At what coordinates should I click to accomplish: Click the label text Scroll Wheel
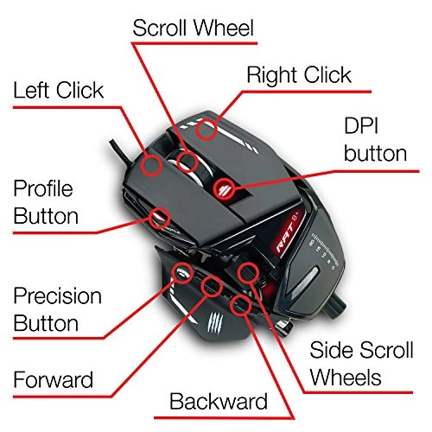click(193, 29)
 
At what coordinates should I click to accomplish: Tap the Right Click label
click(300, 74)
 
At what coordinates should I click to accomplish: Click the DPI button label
click(375, 139)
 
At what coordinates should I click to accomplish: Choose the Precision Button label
click(56, 311)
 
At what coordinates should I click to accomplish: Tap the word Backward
click(219, 401)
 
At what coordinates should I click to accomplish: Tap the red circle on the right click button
click(206, 130)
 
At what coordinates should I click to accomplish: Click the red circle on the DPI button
click(225, 184)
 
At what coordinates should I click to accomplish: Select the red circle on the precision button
click(183, 273)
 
